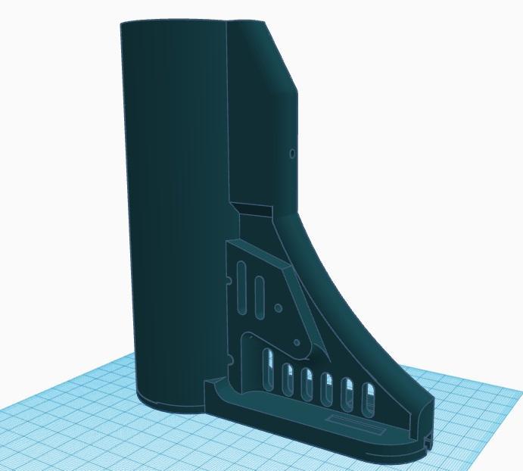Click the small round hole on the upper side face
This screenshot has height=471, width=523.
[293, 154]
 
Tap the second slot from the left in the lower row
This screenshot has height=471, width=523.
[288, 379]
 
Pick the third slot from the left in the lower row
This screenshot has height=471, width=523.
[307, 384]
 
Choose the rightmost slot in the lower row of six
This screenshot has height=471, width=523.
[369, 399]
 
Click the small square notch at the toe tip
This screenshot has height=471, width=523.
[429, 438]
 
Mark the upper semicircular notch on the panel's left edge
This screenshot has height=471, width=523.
[229, 281]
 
